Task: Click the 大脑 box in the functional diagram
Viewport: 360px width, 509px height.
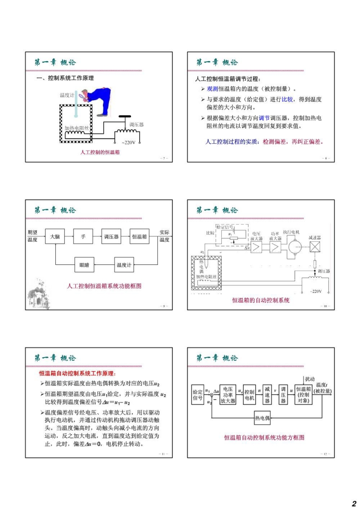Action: click(x=55, y=236)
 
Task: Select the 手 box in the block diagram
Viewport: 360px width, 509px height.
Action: click(x=83, y=236)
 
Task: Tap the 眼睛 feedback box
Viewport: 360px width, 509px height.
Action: click(x=84, y=265)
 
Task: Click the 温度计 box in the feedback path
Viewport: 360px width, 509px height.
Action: click(x=124, y=265)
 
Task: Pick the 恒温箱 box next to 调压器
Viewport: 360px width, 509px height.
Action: click(x=139, y=236)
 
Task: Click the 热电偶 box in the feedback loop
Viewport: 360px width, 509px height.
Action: click(x=262, y=418)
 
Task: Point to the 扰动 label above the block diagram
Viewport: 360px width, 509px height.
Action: click(x=310, y=379)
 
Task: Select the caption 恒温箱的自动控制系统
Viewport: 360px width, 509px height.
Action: click(x=261, y=300)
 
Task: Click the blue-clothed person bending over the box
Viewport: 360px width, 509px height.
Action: click(x=96, y=102)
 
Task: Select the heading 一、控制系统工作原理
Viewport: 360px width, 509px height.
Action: click(x=65, y=78)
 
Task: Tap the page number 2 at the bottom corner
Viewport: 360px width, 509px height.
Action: click(x=354, y=503)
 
